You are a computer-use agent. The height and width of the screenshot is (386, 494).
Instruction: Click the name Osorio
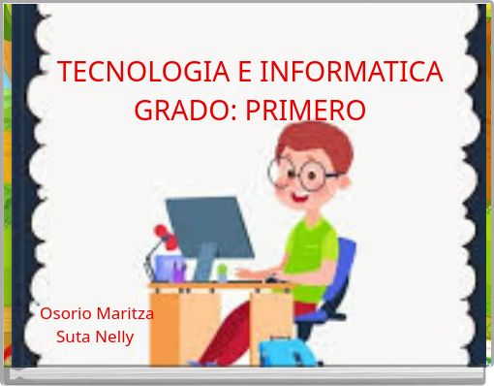[67, 313]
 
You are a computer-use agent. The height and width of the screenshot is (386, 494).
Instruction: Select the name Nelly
[115, 338]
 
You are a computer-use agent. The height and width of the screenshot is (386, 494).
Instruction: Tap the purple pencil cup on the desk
[174, 269]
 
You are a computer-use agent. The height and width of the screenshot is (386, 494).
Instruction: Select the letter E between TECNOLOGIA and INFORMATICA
[242, 72]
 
